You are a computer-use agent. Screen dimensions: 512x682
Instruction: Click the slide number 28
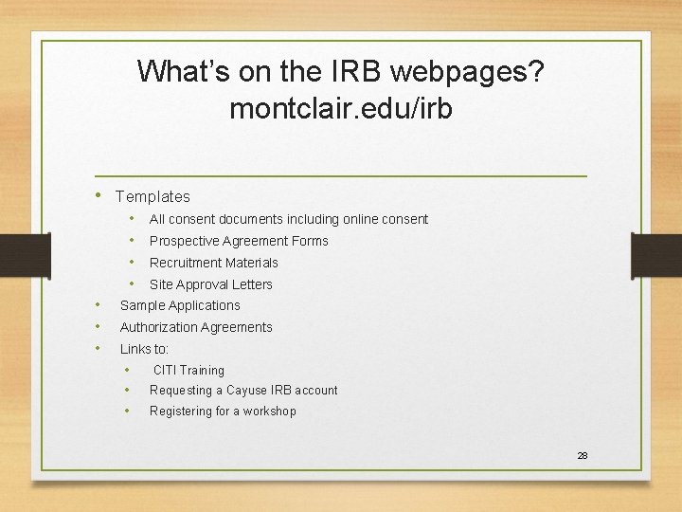(x=583, y=456)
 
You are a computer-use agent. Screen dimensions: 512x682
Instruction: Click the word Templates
(x=153, y=197)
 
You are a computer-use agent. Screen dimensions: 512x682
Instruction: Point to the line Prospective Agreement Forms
(x=239, y=241)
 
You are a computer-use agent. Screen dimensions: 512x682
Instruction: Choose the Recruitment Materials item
(x=214, y=263)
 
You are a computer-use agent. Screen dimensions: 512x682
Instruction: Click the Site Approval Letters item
(x=210, y=284)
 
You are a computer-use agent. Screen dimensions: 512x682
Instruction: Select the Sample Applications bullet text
(x=180, y=305)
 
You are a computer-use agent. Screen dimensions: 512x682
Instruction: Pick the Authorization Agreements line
(x=196, y=327)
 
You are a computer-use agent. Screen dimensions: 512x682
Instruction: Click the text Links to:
(x=144, y=349)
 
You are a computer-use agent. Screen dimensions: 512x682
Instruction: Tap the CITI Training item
(x=188, y=371)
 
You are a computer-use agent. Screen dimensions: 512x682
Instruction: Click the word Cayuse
(x=248, y=391)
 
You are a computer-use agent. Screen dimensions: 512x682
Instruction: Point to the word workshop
(x=270, y=411)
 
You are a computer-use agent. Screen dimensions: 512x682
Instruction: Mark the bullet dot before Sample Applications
(x=99, y=305)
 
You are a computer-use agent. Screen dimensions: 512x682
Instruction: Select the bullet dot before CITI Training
(x=129, y=370)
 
